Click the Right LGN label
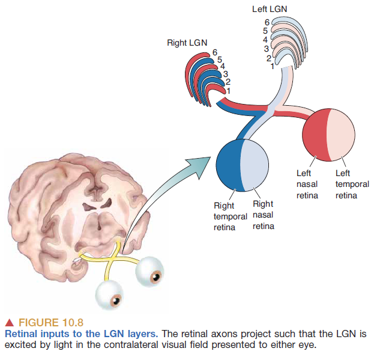tap(187, 43)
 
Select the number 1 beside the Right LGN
tap(228, 89)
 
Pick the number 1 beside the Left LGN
tap(272, 66)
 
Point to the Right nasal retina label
tap(263, 215)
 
